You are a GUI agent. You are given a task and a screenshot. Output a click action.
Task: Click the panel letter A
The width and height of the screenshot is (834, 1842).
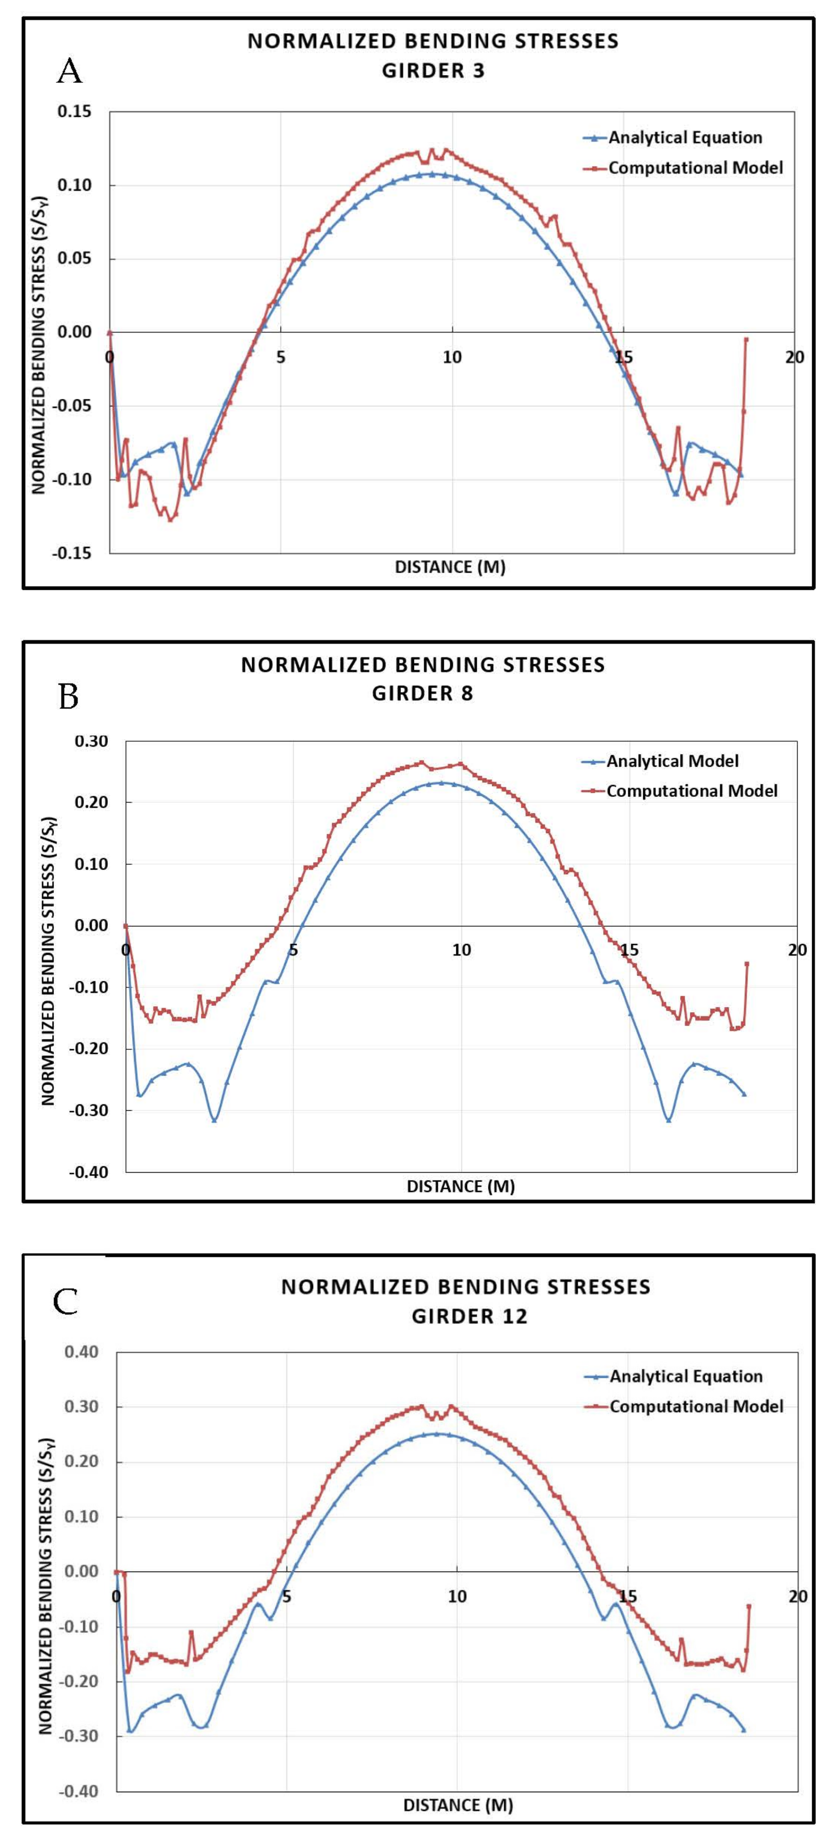tap(69, 72)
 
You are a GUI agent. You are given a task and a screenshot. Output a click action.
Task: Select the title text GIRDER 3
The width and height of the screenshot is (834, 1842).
tap(433, 71)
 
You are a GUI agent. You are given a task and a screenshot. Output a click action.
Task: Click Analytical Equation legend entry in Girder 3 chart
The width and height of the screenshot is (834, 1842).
tap(685, 137)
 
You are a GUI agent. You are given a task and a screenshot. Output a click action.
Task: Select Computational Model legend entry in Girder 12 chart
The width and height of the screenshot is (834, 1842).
tap(696, 1406)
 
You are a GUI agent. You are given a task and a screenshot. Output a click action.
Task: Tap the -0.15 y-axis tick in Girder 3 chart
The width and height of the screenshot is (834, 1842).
tap(72, 553)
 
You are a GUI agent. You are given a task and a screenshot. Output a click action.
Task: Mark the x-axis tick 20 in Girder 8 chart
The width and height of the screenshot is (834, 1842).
tap(797, 950)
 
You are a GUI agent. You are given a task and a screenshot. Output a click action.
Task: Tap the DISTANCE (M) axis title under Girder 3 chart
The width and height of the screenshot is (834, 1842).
tap(450, 567)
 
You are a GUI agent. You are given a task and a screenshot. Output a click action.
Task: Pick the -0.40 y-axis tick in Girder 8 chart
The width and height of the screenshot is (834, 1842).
tap(89, 1172)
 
